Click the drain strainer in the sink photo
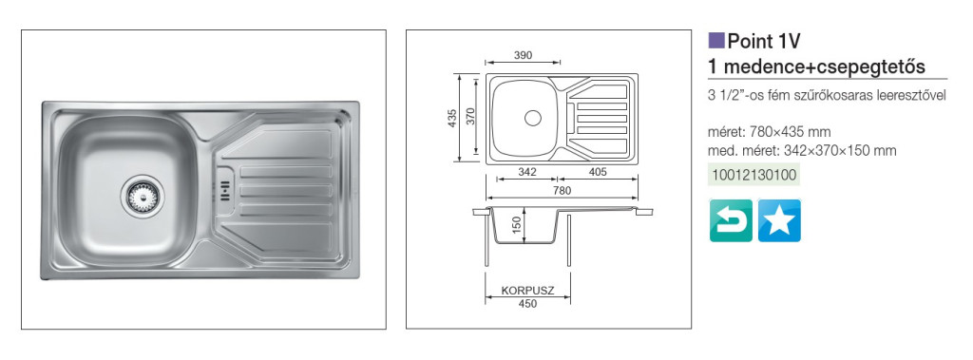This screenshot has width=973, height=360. tap(143, 196)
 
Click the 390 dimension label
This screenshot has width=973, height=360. tap(524, 55)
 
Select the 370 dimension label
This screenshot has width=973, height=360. tap(470, 117)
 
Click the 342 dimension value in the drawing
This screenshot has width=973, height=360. tap(526, 172)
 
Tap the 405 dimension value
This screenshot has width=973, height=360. tap(597, 172)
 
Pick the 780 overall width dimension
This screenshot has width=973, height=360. tap(562, 191)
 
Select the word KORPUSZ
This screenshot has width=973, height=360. tap(527, 290)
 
